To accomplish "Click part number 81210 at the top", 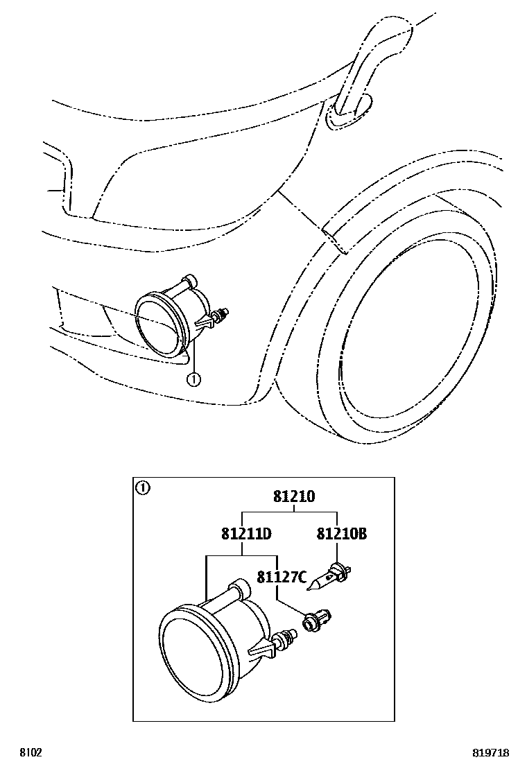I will [x=293, y=496].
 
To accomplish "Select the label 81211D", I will [x=245, y=534].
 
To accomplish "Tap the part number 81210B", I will [x=341, y=534].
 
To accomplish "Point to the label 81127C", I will [x=282, y=577].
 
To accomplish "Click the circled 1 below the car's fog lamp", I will [x=194, y=379].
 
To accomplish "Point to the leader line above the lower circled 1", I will [x=194, y=357].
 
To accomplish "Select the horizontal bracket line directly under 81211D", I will [x=241, y=555].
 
